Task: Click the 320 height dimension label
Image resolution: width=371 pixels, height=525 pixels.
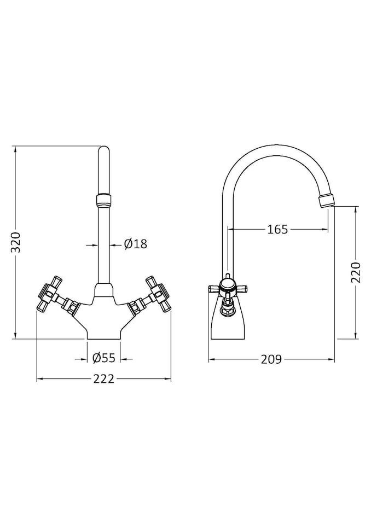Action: coord(16,242)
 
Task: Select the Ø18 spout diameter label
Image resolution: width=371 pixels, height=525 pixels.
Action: coord(135,244)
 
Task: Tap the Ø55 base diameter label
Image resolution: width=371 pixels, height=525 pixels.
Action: coord(104,358)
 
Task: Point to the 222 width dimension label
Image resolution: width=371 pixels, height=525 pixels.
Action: coord(103,379)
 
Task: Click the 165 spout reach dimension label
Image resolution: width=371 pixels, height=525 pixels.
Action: coord(277,229)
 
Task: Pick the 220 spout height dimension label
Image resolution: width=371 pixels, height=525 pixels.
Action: coord(356,272)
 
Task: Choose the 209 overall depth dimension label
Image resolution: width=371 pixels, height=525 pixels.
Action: coord(271,359)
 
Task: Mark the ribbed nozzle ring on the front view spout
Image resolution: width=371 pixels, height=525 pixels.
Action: coord(104,200)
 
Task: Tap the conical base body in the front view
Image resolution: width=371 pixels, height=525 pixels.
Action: coord(104,320)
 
